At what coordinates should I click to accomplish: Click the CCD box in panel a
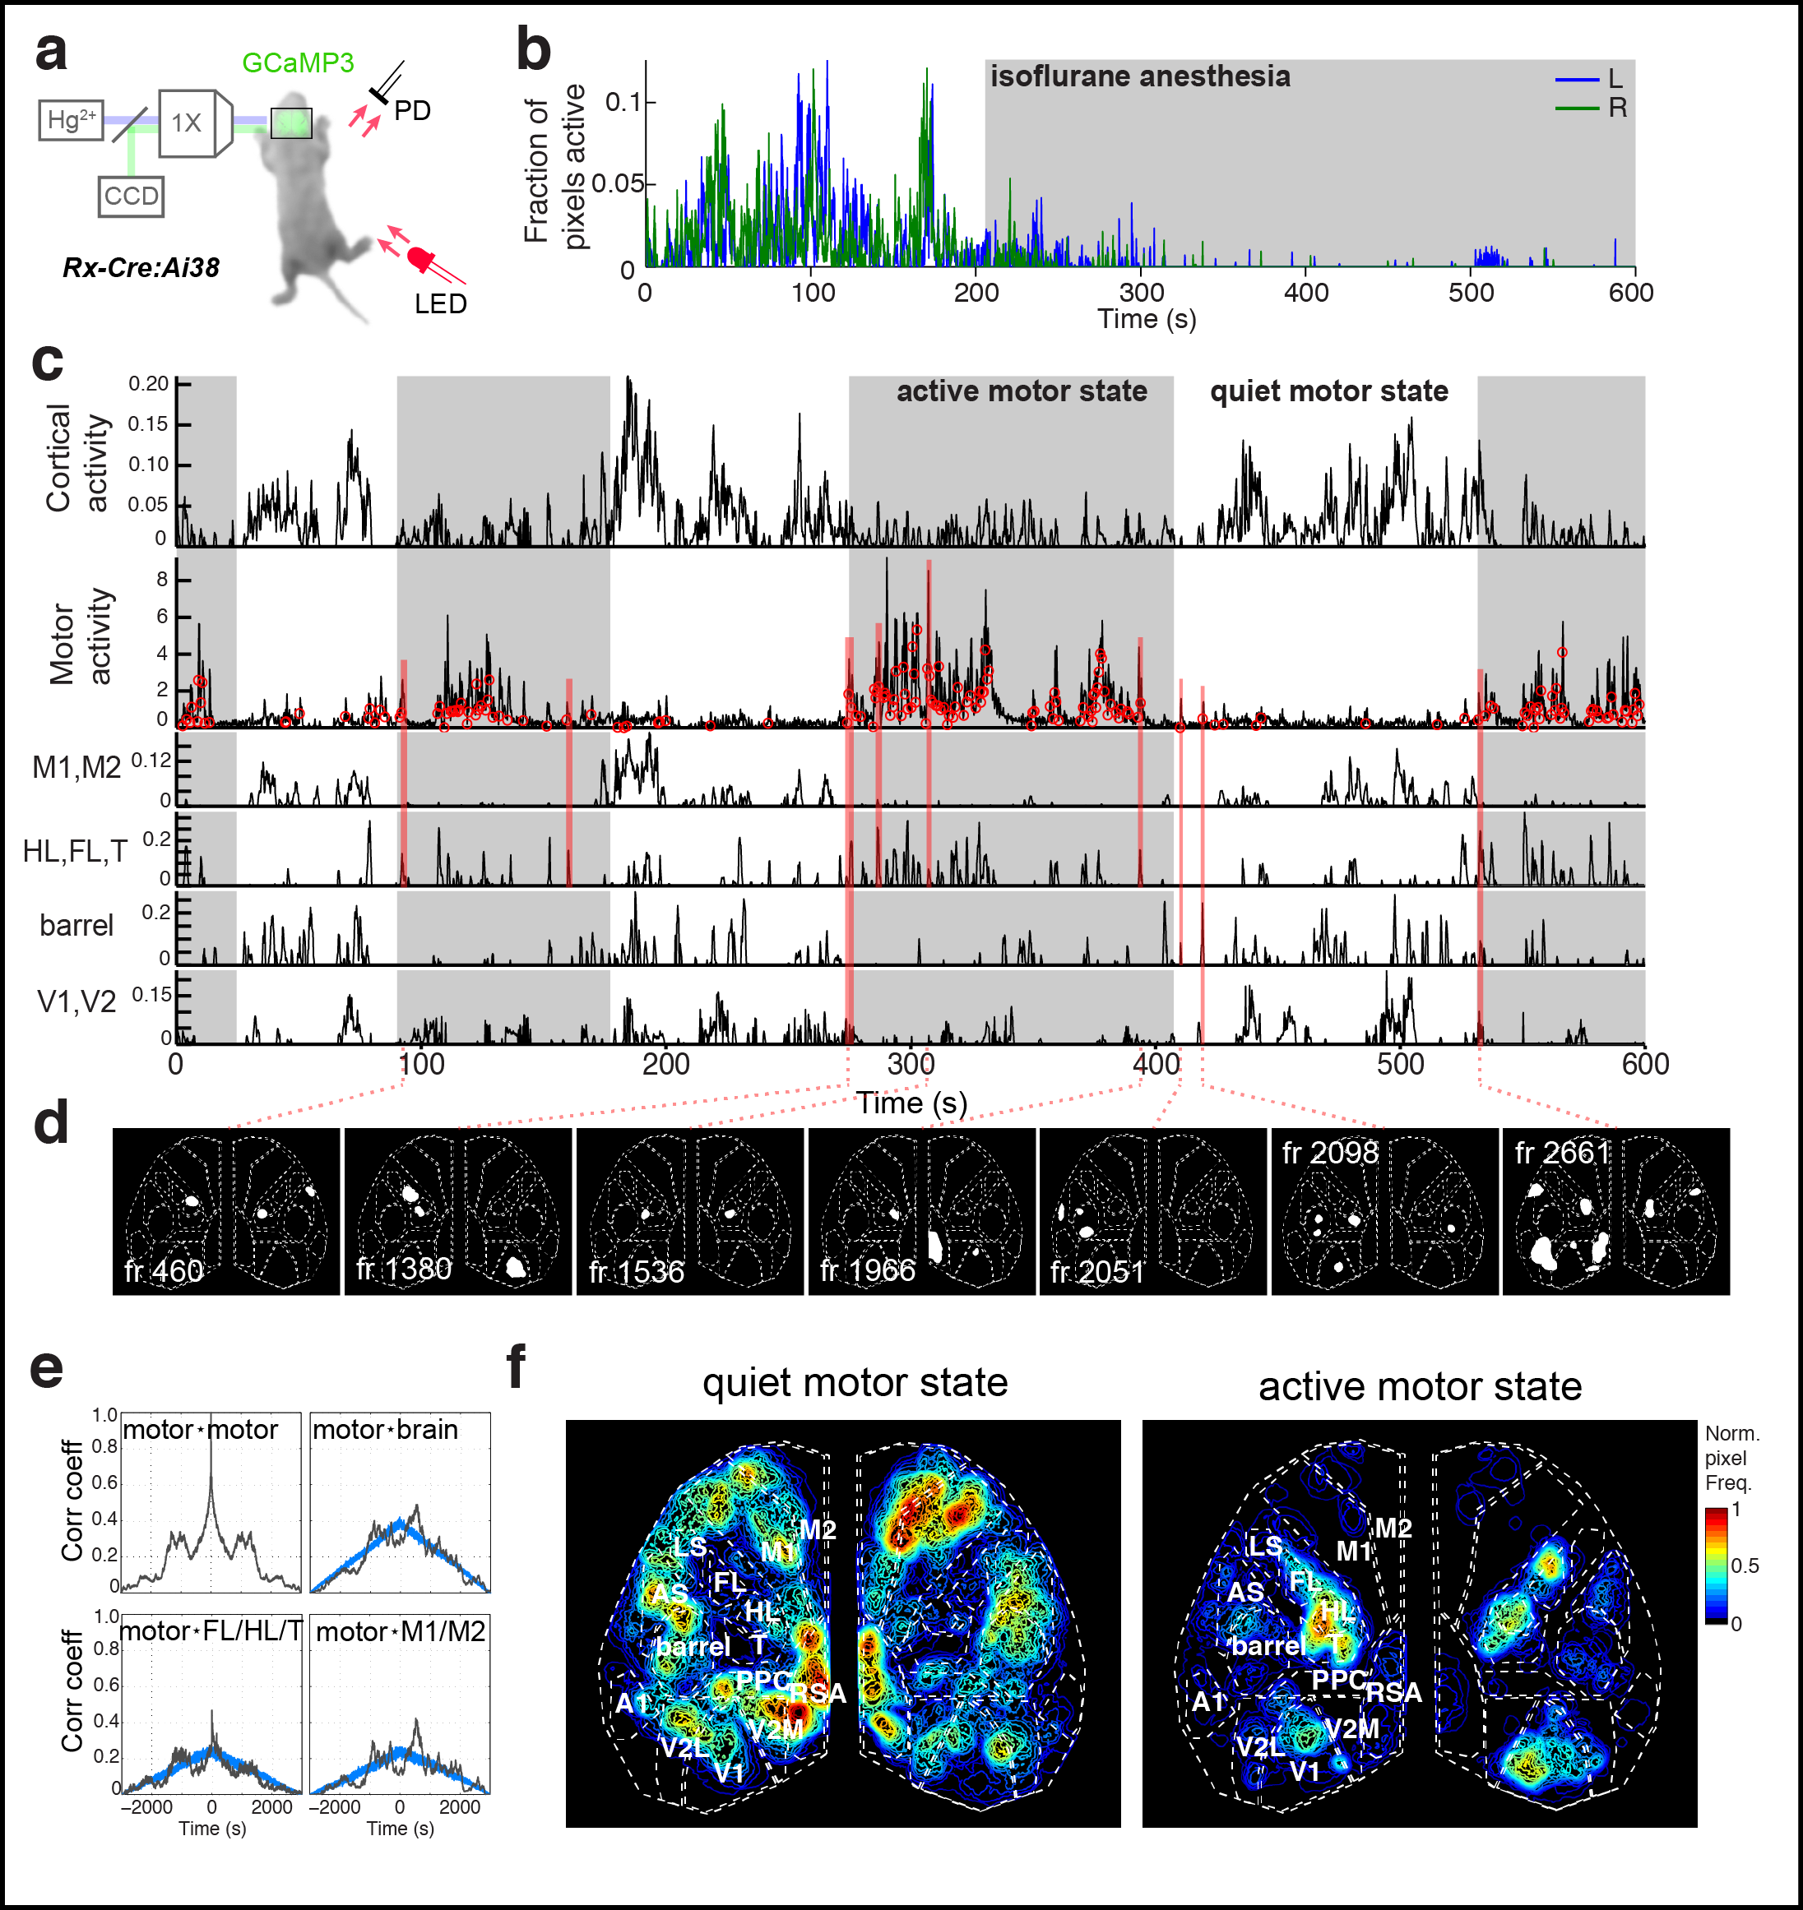click(131, 197)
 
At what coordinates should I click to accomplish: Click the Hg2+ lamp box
click(71, 120)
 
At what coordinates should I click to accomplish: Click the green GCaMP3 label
click(297, 63)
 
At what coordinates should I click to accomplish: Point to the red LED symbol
click(421, 258)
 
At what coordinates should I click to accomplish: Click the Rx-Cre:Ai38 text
click(141, 267)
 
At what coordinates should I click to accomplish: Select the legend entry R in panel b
click(1617, 108)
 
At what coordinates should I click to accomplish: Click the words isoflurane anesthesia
click(1140, 76)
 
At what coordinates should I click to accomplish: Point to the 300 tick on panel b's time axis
click(1142, 292)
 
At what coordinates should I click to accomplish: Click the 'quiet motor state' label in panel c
click(1328, 392)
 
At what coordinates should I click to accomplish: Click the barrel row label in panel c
click(76, 925)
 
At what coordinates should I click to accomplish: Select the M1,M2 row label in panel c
click(76, 768)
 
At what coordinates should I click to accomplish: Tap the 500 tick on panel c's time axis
click(1400, 1065)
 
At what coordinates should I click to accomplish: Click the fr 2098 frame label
click(1330, 1153)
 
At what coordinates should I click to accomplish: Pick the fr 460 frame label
click(164, 1271)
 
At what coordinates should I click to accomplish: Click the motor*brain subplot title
click(386, 1430)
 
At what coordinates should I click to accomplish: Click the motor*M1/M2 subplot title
click(400, 1631)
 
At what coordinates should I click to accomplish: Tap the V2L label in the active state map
click(1260, 1746)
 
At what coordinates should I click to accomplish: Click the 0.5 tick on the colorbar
click(1745, 1566)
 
